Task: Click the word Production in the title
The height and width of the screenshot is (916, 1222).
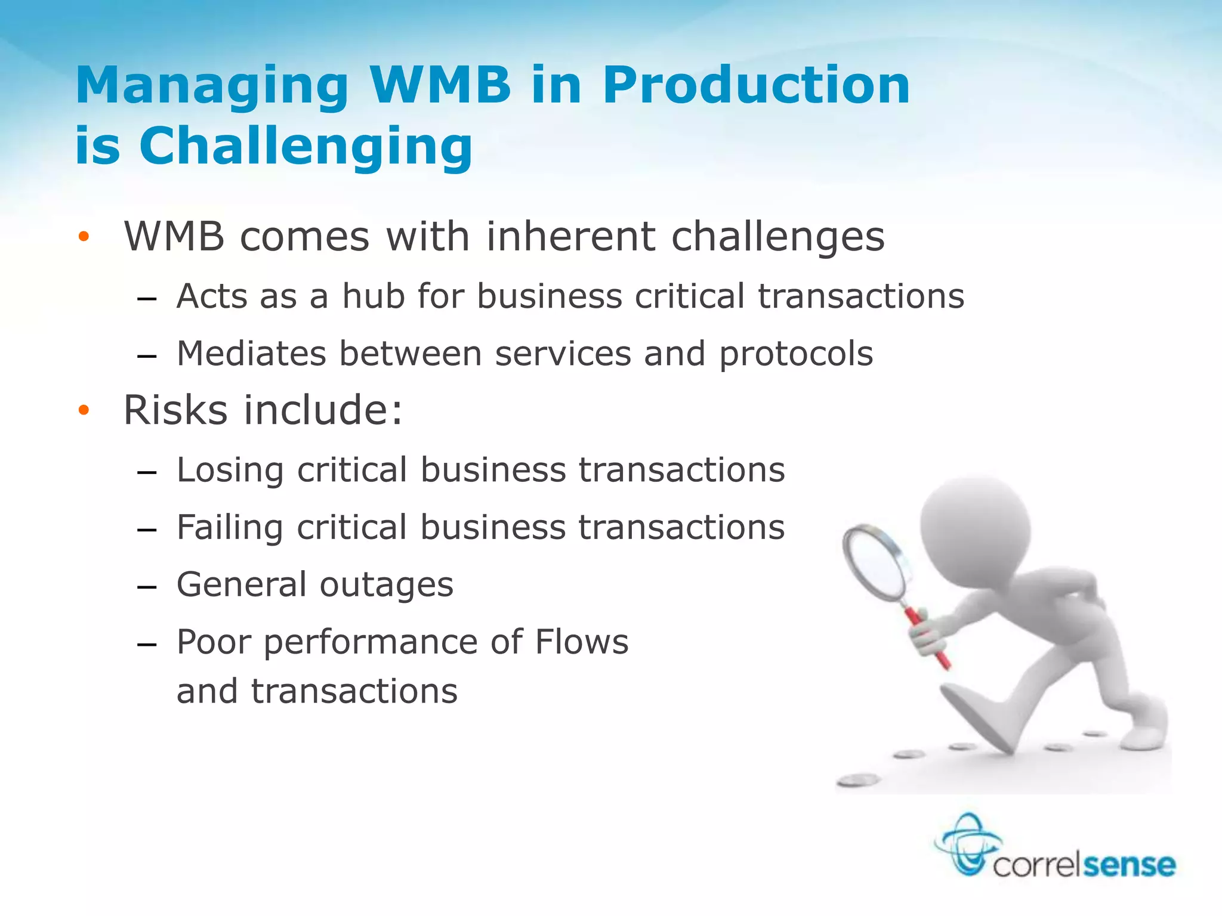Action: [756, 85]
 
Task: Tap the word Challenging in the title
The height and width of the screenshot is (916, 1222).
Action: [305, 147]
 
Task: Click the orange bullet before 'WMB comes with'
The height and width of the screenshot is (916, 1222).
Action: [84, 237]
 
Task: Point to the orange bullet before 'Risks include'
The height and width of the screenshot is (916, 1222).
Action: [84, 410]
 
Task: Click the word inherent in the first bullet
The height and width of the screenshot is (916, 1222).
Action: [571, 237]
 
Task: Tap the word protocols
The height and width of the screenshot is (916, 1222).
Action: [796, 354]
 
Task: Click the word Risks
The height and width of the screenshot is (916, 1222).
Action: [175, 410]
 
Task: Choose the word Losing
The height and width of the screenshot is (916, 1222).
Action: [230, 471]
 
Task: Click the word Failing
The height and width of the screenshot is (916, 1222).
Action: [230, 528]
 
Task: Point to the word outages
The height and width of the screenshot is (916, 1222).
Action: [387, 585]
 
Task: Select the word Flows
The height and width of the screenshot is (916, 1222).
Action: [582, 642]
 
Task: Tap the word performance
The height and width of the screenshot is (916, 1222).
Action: [371, 643]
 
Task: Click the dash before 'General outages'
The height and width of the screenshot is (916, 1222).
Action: [147, 587]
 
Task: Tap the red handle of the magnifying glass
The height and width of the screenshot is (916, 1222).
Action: [928, 638]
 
